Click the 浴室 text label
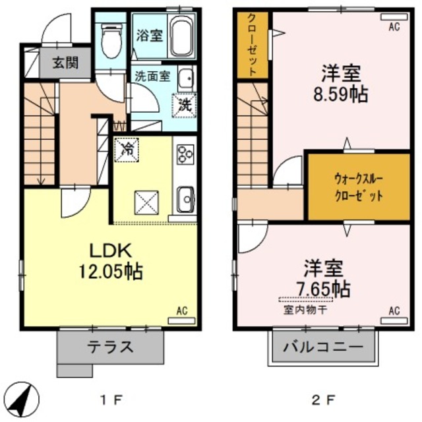[x=149, y=36]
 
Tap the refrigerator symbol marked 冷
[x=127, y=148]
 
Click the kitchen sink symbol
[x=185, y=197]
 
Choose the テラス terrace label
[x=111, y=347]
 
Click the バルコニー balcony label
[x=323, y=347]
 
